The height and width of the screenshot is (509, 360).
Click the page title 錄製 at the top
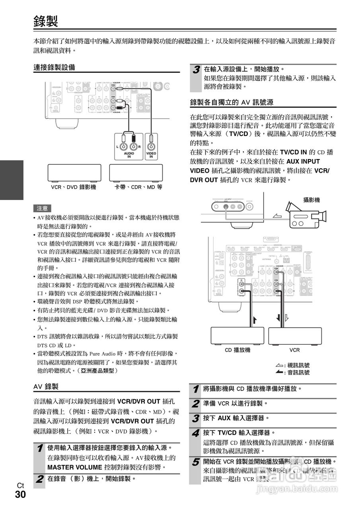point(46,21)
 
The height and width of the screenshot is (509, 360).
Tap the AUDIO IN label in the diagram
point(129,155)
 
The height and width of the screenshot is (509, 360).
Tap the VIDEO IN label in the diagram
point(151,155)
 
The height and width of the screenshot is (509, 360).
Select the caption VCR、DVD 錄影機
point(74,187)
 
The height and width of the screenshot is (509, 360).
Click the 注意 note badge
point(43,208)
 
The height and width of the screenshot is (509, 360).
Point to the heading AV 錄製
point(46,386)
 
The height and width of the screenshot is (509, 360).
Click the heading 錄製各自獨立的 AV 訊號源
point(232,102)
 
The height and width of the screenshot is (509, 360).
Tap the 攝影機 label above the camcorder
point(311,200)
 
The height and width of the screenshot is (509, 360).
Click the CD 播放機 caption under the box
point(237,350)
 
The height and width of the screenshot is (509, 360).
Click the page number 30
point(20,495)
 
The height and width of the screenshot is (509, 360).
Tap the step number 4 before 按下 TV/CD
point(196,433)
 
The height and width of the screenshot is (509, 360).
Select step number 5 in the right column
point(196,462)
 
